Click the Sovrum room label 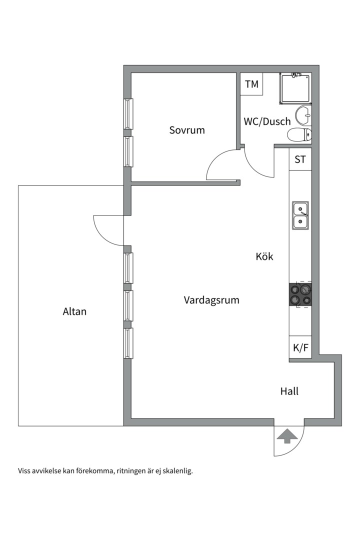(x=187, y=130)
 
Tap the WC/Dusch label (x=267, y=121)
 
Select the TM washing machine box (x=252, y=84)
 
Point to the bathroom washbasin (x=303, y=115)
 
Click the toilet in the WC (x=299, y=134)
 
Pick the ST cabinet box (x=300, y=159)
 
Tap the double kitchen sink (x=300, y=215)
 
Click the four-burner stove (x=300, y=294)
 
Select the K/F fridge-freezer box (x=300, y=347)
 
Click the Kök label (x=264, y=256)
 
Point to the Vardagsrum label (x=211, y=300)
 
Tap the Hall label (x=289, y=391)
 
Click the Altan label (x=74, y=311)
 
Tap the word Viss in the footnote (x=24, y=470)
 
